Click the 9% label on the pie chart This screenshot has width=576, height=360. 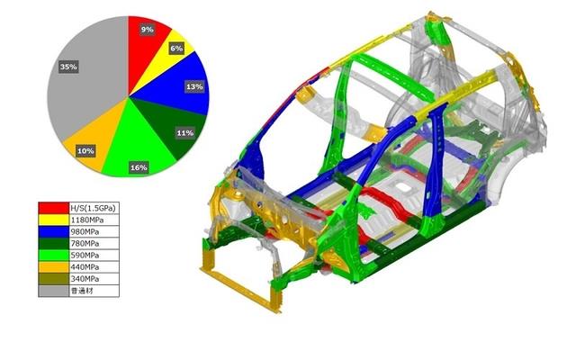click(147, 30)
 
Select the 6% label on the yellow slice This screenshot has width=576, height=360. click(176, 48)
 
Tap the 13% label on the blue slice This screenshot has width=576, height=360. click(194, 86)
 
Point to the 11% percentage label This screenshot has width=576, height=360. click(185, 133)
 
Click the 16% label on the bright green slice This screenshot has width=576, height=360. click(139, 167)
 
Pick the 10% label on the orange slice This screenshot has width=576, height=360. click(85, 151)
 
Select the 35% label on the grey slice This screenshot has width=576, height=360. click(68, 67)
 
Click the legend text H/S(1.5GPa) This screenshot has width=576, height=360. click(93, 208)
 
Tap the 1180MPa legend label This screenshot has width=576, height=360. click(86, 220)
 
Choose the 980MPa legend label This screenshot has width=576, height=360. click(85, 232)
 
